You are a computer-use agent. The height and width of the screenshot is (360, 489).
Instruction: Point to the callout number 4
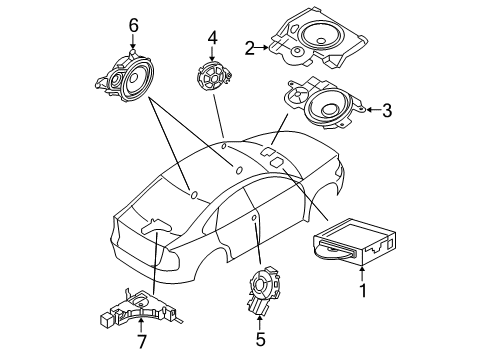[x=212, y=38]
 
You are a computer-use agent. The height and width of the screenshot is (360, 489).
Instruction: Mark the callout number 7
[x=142, y=343]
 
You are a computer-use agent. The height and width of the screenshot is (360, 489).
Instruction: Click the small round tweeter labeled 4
[x=212, y=76]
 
